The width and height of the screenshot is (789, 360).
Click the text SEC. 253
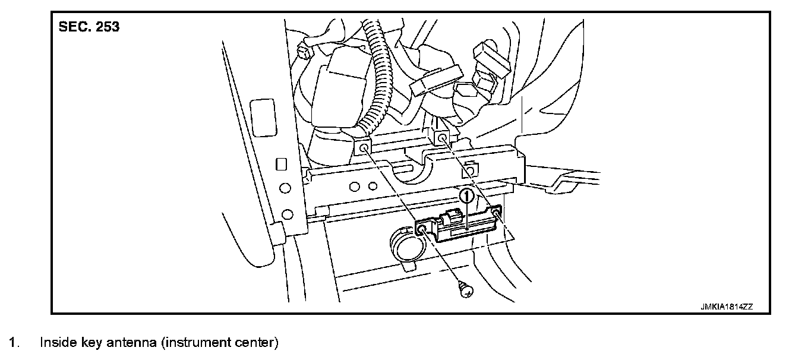point(89,28)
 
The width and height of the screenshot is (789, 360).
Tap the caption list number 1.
point(14,343)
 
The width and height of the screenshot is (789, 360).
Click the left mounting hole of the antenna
point(421,229)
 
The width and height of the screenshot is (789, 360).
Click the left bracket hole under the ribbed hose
point(362,147)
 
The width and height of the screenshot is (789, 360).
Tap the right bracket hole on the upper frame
point(442,139)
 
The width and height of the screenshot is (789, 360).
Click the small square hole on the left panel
point(282,165)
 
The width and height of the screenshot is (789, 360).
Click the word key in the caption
point(91,343)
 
